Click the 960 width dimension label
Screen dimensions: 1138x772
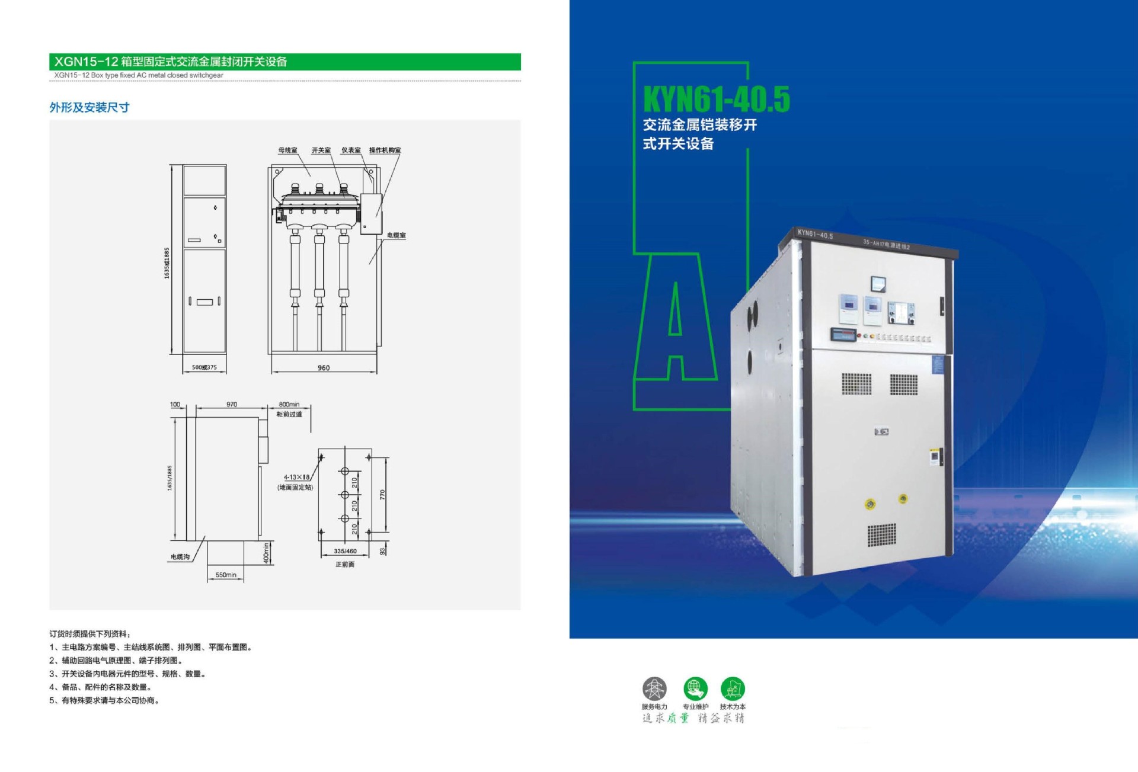pos(324,368)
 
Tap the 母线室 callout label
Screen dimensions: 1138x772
pos(288,150)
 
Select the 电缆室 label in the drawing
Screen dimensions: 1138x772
pos(397,235)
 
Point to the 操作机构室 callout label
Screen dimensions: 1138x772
pos(385,150)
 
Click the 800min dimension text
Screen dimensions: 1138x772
pos(289,405)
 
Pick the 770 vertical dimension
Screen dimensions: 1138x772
pos(382,494)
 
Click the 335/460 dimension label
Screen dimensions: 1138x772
pos(345,551)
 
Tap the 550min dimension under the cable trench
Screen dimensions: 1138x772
pos(226,575)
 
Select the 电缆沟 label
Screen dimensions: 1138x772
pos(180,557)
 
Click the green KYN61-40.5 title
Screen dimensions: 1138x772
pos(716,100)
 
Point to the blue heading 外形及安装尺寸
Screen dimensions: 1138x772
pos(89,107)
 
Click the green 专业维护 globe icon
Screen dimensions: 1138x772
pos(695,688)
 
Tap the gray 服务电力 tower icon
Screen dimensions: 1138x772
pos(654,688)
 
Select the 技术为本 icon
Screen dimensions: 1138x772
pos(733,688)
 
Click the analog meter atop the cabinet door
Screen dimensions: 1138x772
pos(878,284)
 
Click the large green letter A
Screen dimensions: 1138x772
pos(676,320)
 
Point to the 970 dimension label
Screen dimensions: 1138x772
pos(232,405)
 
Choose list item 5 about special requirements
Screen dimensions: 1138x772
pos(104,700)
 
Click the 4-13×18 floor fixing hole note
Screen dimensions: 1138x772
pos(296,477)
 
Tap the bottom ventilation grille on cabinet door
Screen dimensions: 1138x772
pos(882,534)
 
